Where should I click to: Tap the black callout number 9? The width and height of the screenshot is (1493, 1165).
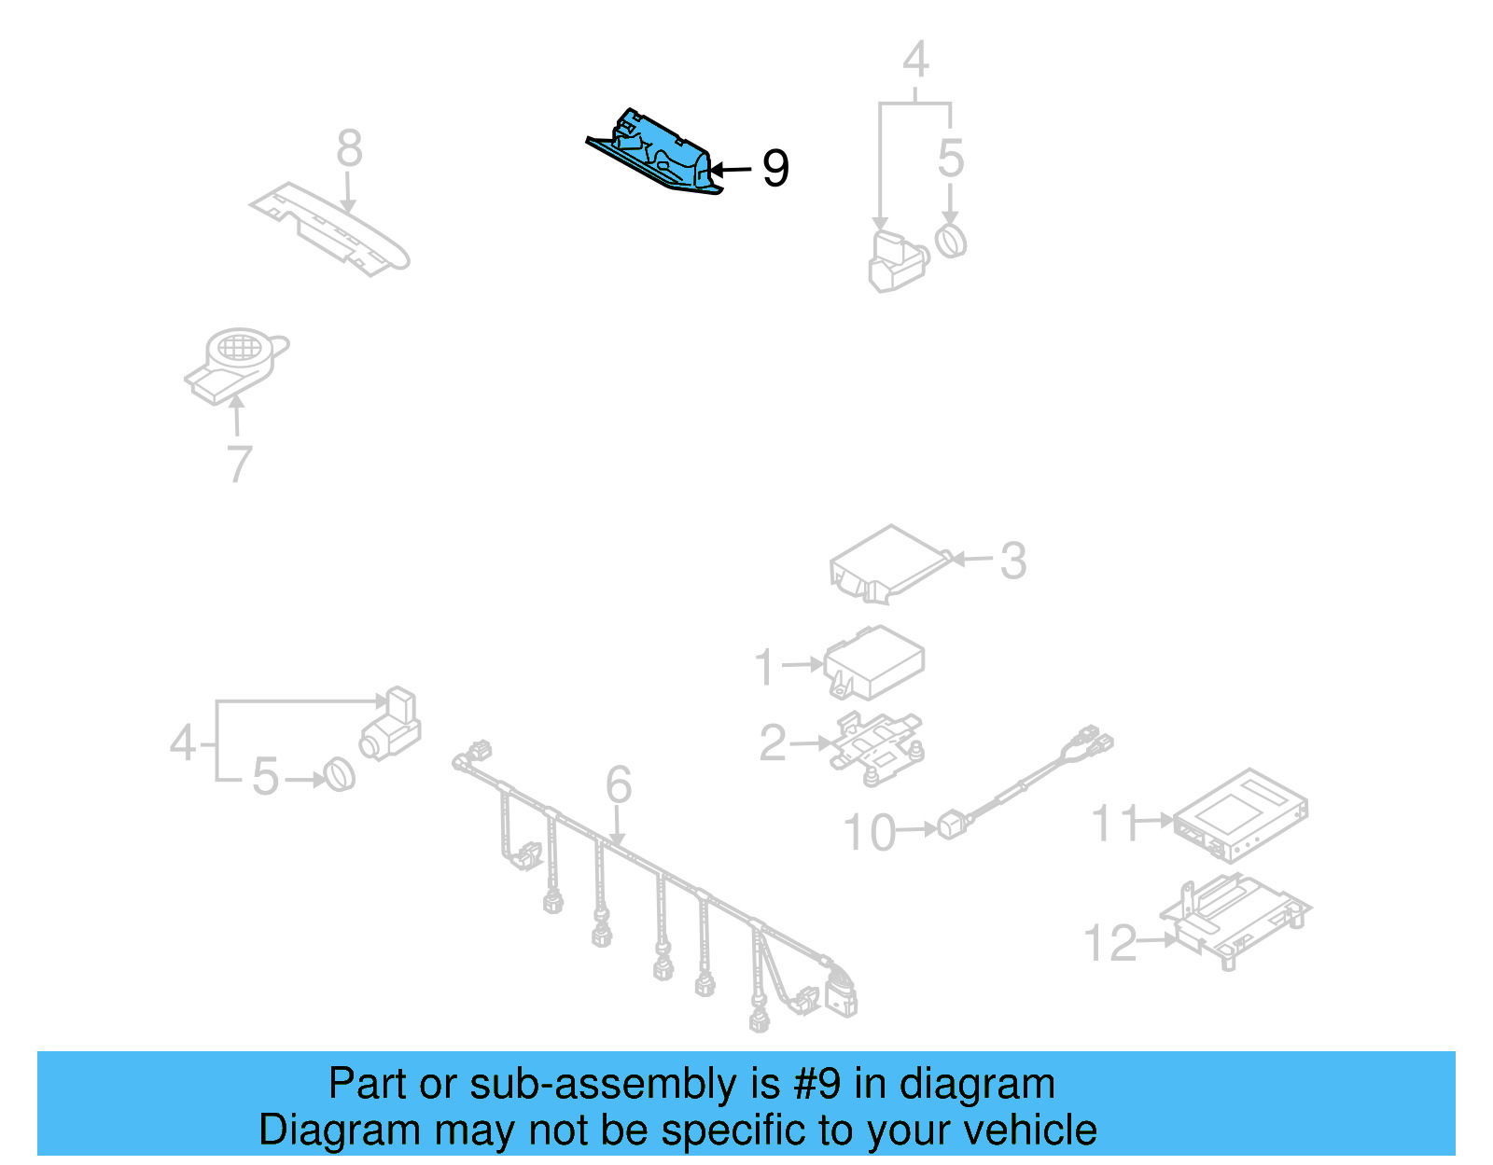775,169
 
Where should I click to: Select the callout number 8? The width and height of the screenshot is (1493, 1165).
349,148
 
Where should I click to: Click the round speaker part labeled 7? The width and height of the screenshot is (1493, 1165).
238,360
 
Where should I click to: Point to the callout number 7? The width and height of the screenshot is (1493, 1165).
240,464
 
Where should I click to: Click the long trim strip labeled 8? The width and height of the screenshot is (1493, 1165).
332,229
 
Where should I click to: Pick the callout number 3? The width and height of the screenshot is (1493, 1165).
1013,561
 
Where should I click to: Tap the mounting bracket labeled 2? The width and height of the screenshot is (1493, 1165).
878,742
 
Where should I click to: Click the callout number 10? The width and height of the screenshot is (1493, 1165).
869,832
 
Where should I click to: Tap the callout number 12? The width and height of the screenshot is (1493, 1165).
1110,943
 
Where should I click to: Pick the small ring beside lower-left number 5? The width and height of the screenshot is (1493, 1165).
340,776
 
